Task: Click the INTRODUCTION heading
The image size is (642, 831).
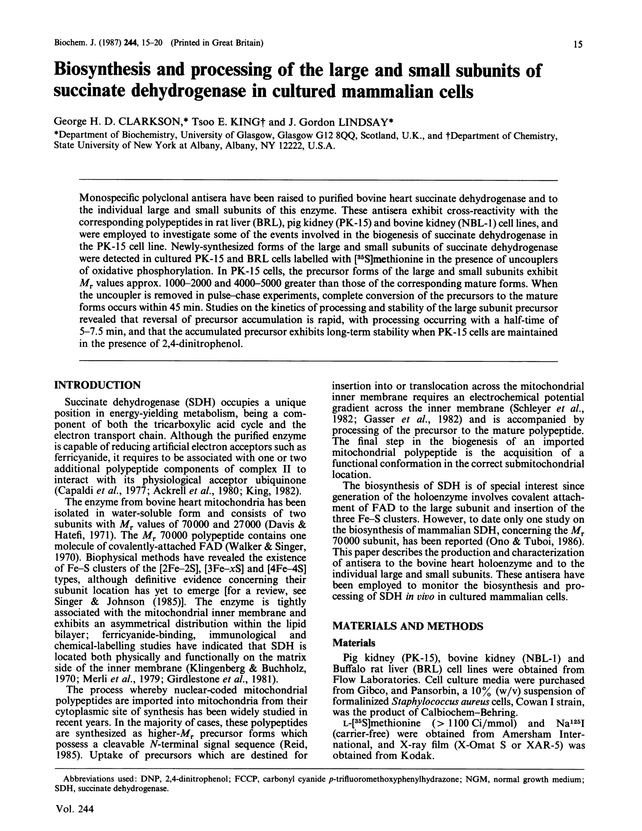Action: point(97,385)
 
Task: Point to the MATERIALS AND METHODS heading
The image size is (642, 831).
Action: point(408,626)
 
